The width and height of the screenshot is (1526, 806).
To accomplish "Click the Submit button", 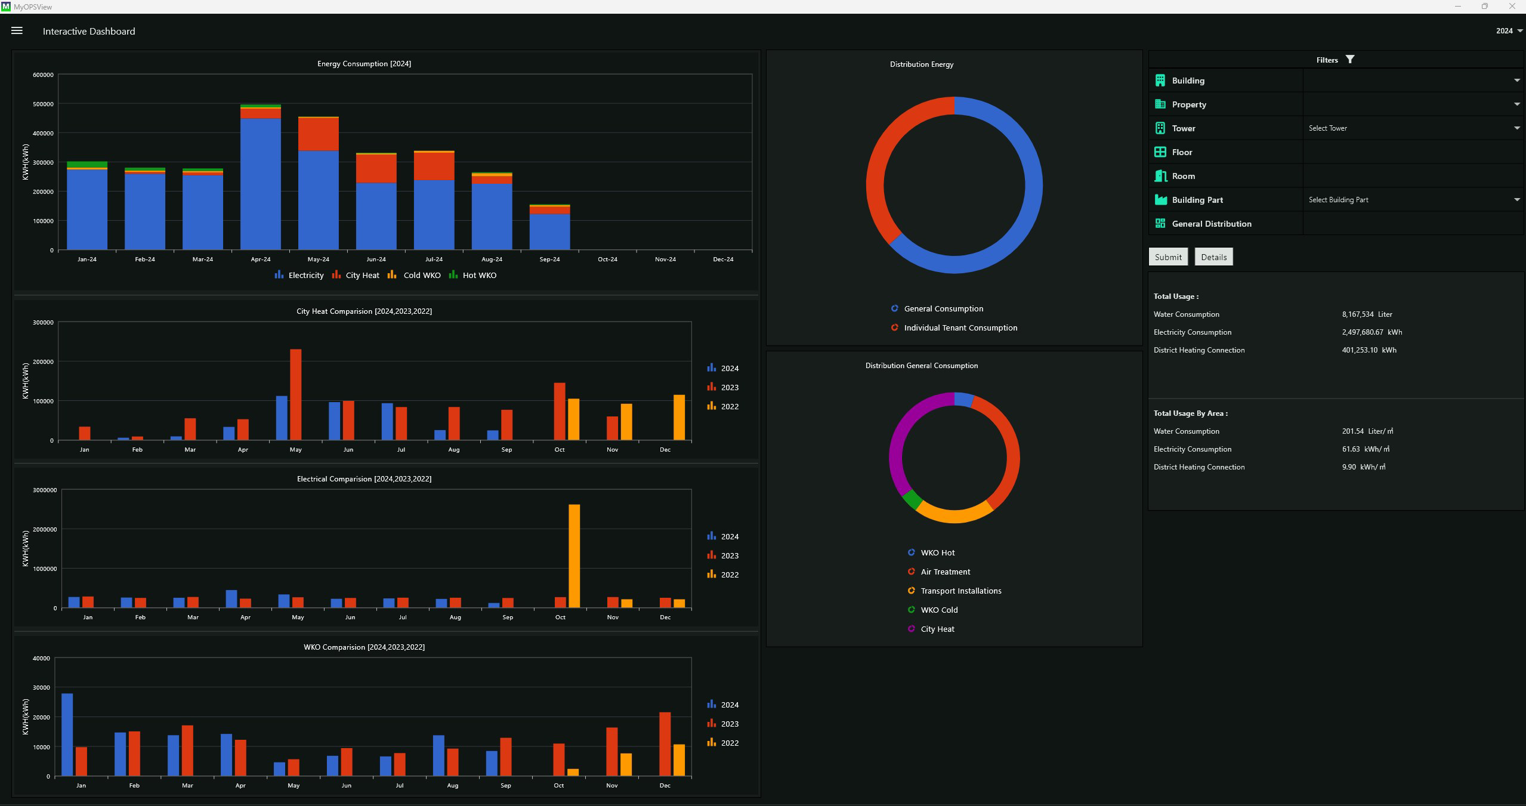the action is (1167, 257).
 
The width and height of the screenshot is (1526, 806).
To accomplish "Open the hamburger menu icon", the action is (17, 30).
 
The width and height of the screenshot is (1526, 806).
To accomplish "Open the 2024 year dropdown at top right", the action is (1509, 31).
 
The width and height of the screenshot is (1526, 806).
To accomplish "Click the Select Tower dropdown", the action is (1413, 128).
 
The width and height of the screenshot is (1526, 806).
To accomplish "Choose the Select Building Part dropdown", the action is (1413, 200).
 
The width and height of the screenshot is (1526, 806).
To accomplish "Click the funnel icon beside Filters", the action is (1350, 59).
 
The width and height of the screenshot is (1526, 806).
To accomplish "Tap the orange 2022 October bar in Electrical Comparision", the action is (574, 556).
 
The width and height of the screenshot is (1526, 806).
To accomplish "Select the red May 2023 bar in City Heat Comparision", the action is (296, 395).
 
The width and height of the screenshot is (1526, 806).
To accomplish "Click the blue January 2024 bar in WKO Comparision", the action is (67, 735).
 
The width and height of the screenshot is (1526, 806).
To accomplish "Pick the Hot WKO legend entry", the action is (472, 275).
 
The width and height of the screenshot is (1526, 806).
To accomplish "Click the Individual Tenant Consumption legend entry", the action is (954, 328).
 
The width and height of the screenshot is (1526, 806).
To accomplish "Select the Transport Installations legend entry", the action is (954, 591).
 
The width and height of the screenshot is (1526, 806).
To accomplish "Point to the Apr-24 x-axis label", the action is (261, 260).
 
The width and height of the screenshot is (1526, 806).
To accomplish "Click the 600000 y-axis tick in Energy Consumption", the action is (43, 75).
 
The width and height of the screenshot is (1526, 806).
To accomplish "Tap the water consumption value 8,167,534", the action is (1358, 314).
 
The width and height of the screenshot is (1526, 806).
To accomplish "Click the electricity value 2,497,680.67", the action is (1363, 332).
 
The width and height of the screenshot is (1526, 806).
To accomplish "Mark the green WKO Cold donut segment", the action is (911, 499).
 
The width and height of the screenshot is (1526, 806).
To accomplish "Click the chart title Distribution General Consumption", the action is (922, 366).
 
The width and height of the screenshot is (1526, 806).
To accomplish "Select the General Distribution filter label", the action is (1212, 224).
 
